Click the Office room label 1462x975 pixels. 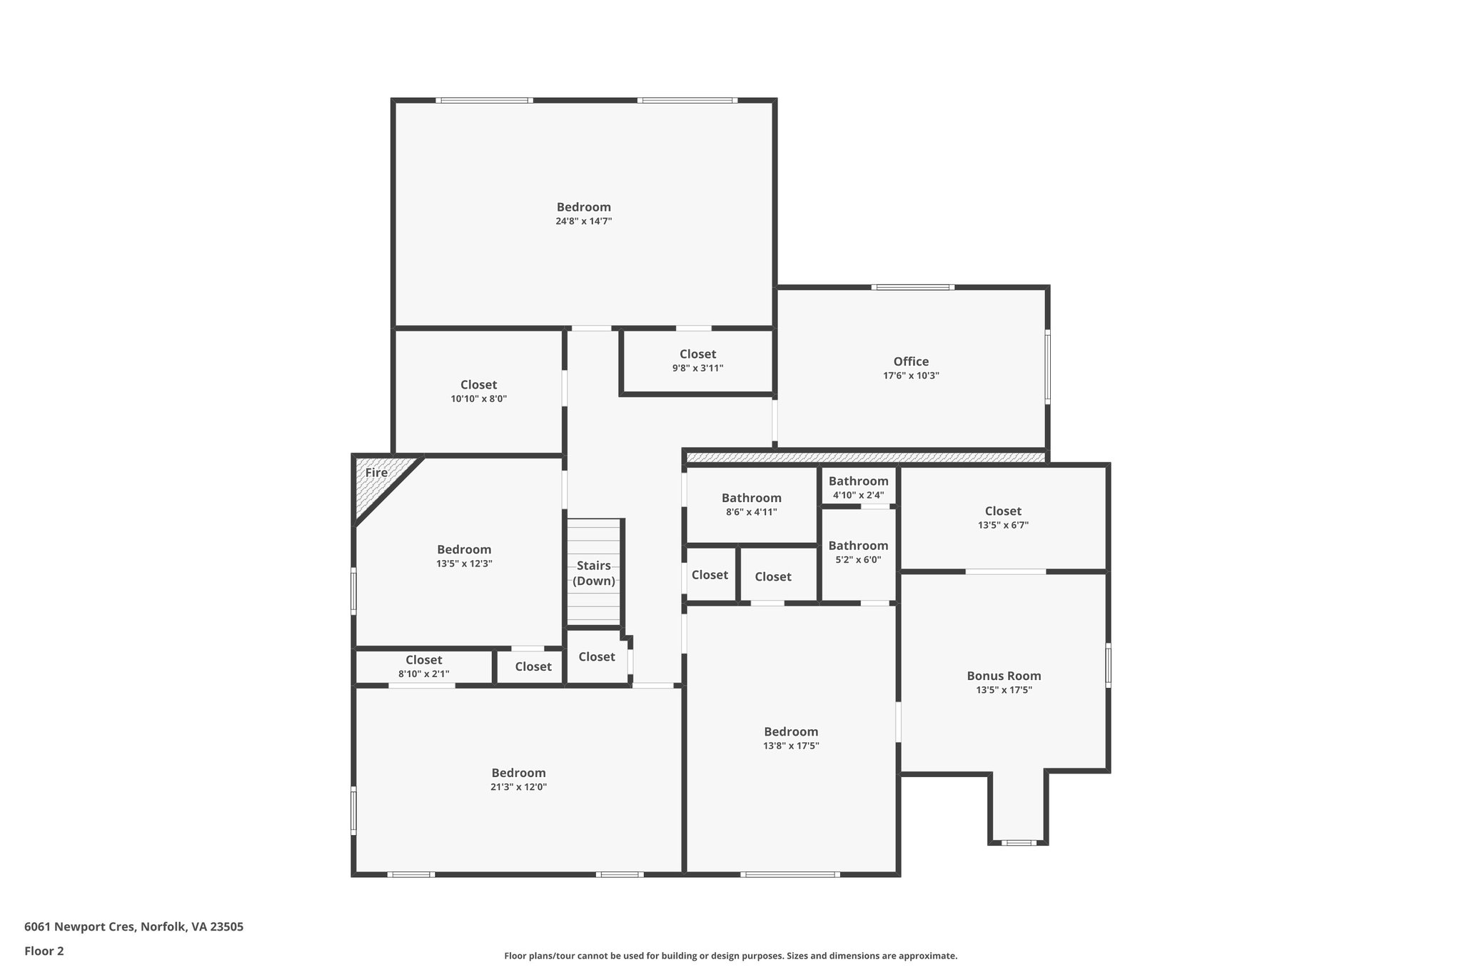coord(911,361)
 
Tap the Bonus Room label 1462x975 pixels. coord(1004,676)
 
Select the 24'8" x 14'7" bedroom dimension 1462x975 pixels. coord(583,221)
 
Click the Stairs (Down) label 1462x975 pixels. coord(594,573)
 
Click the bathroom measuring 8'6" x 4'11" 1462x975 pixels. coord(751,504)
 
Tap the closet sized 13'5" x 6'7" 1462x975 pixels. coord(1003,517)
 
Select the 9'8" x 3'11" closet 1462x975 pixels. coord(697,361)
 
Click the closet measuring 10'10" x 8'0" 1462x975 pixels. coord(478,391)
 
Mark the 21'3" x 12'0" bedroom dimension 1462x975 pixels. coord(518,787)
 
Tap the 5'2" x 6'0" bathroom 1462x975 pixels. coord(858,552)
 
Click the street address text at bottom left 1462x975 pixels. coord(133,927)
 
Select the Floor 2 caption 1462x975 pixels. coord(44,951)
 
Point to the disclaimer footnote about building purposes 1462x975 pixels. coord(730,956)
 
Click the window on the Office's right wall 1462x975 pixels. coord(1048,366)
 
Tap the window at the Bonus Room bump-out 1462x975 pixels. coord(1019,843)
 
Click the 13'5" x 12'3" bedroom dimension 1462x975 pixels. coord(464,564)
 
